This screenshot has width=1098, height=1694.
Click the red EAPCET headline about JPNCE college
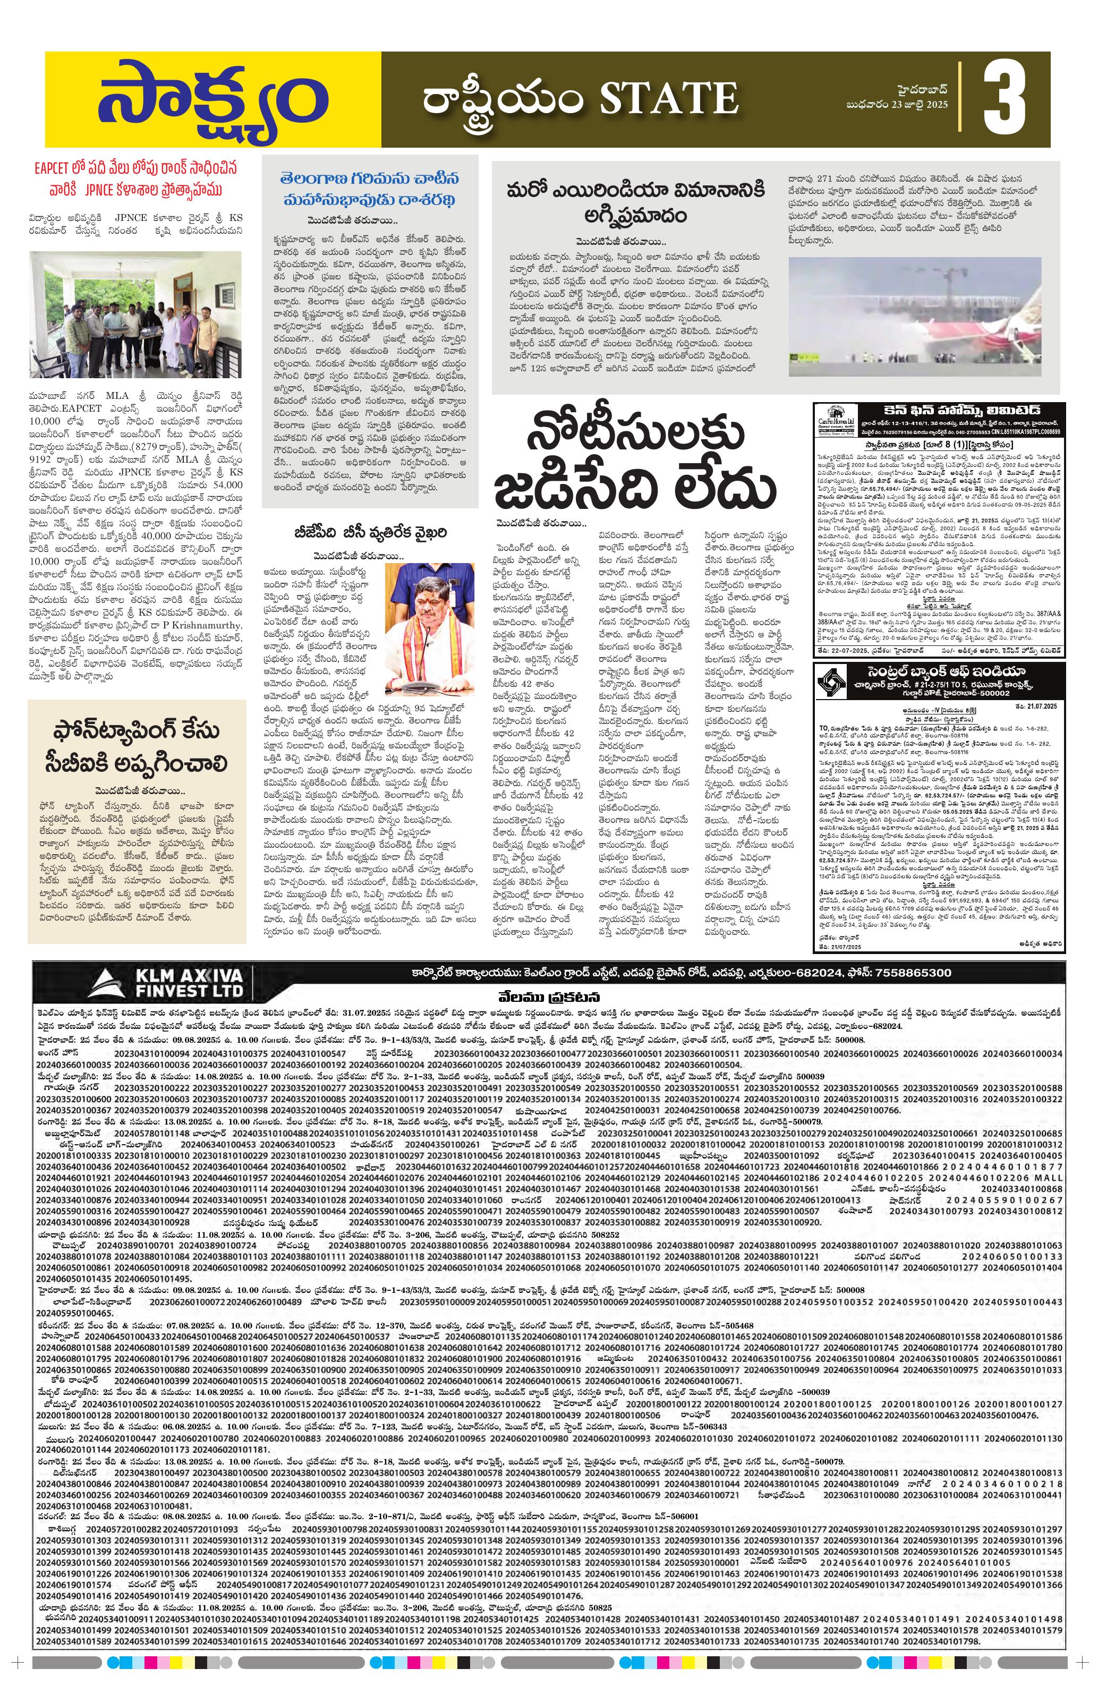pyautogui.click(x=135, y=178)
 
